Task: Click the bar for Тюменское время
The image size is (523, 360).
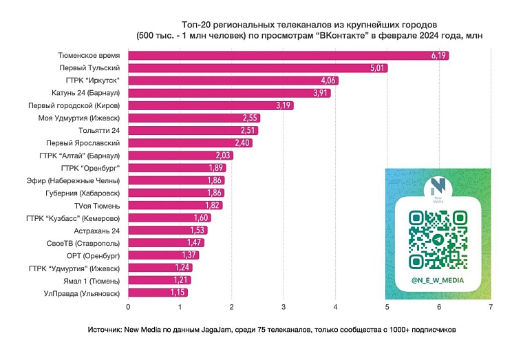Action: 288,56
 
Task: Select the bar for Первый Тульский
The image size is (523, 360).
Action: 257,68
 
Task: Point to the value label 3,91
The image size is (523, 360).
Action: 320,93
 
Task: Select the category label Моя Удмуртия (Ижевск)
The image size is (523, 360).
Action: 79,118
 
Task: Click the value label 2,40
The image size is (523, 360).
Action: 242,143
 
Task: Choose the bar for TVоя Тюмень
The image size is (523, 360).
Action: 175,205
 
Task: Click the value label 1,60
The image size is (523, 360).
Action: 200,218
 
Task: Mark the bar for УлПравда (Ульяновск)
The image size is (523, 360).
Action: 158,293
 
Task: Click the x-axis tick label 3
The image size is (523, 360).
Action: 284,307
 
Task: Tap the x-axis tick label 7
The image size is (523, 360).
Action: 491,307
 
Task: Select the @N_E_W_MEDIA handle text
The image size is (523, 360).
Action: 437,280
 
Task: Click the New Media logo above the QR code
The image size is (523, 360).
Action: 437,188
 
